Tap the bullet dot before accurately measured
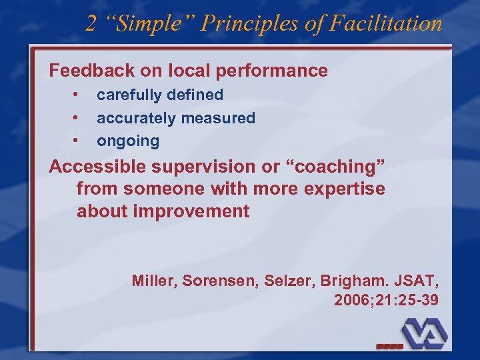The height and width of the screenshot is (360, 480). (x=77, y=118)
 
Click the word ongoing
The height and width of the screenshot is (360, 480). (x=128, y=141)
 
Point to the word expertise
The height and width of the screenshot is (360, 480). (x=344, y=189)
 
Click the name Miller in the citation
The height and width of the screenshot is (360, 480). (x=152, y=280)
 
